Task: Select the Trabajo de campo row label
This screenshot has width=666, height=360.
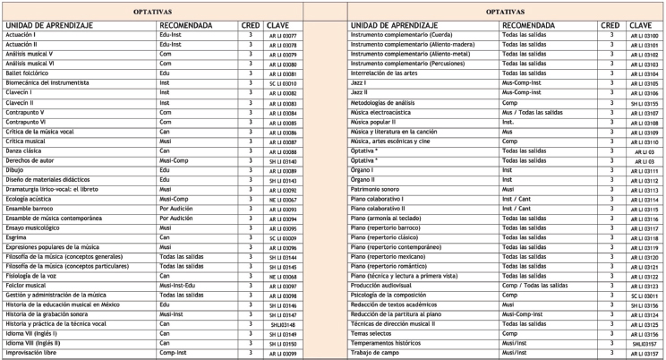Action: [374, 353]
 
